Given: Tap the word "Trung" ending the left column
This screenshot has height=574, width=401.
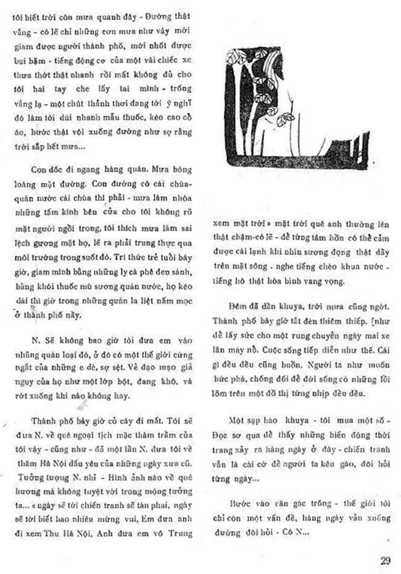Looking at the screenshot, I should (178, 533).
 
